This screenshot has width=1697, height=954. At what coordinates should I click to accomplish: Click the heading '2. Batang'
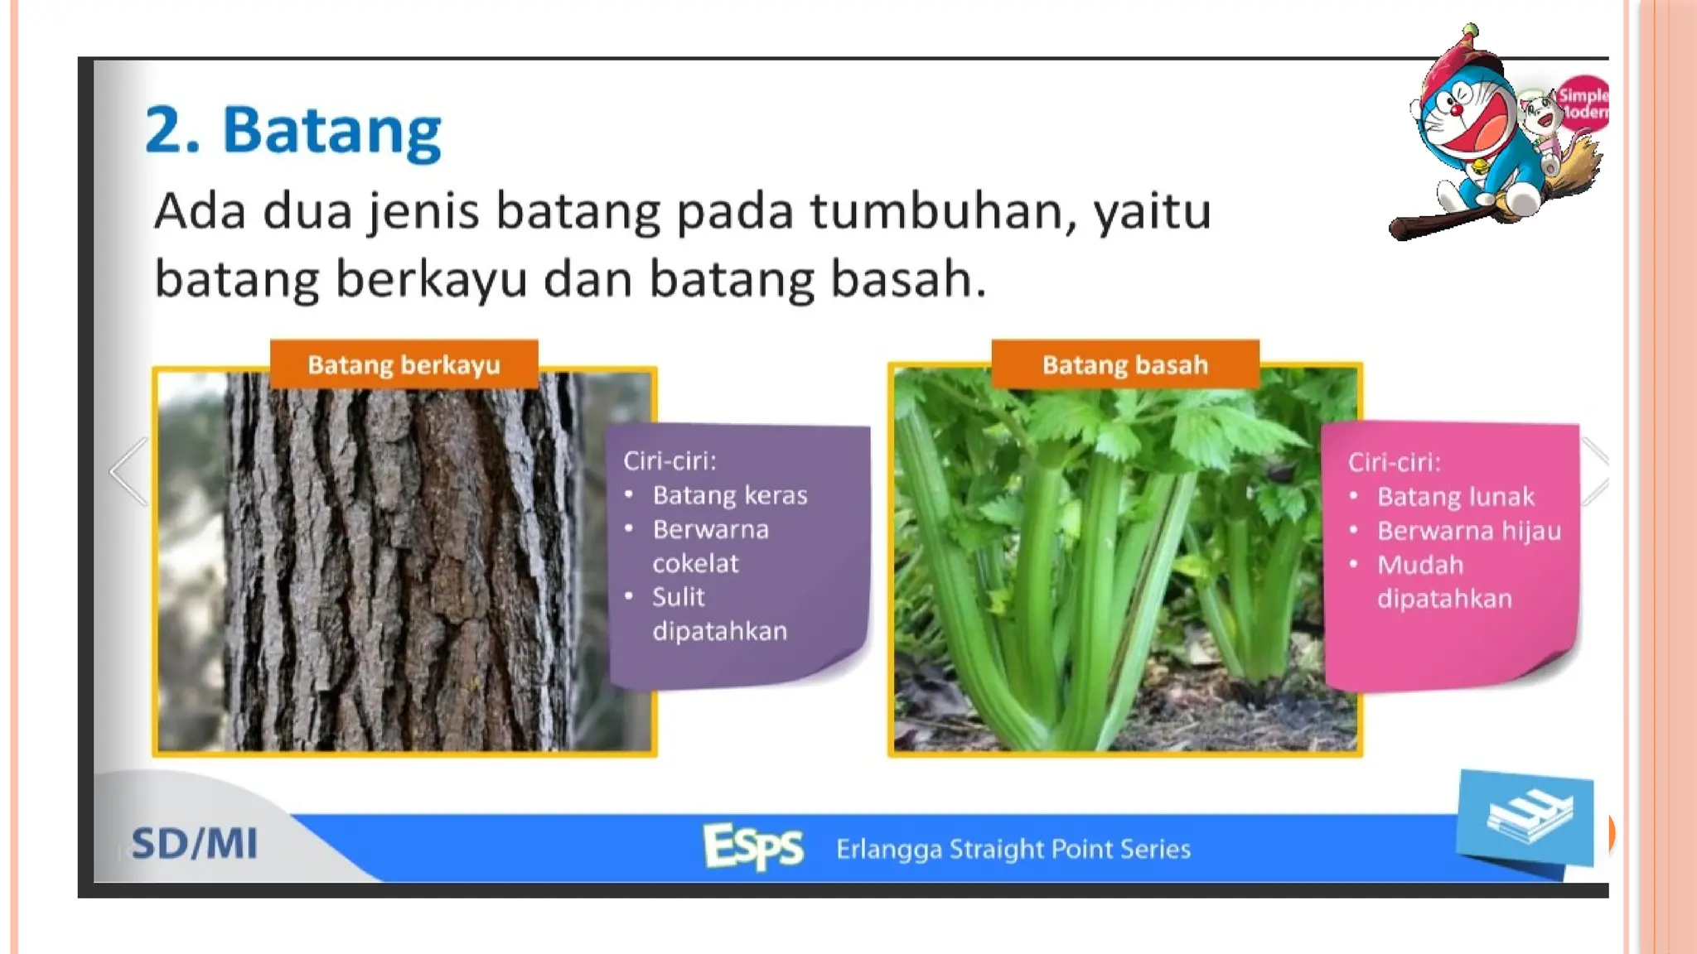click(293, 131)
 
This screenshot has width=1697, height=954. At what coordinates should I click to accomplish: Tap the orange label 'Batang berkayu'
click(404, 365)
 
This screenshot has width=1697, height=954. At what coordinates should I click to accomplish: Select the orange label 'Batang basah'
click(1124, 365)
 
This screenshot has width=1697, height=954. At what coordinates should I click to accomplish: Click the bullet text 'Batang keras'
click(729, 495)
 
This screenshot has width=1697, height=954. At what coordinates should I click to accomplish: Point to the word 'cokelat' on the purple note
click(694, 564)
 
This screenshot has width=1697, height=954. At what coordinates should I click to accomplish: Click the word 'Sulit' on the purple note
click(678, 597)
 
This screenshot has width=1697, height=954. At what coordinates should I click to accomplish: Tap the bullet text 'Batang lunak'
click(1455, 497)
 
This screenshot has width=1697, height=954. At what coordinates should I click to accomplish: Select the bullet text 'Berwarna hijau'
click(1468, 531)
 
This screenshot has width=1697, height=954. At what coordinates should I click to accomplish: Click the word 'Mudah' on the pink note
click(1419, 565)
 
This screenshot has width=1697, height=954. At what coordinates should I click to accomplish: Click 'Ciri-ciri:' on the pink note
click(1394, 462)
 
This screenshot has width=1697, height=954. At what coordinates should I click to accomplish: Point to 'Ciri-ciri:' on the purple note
click(670, 460)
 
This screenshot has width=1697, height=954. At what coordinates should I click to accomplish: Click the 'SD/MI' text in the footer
click(195, 844)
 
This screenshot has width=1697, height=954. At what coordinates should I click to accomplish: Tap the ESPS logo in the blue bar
click(752, 846)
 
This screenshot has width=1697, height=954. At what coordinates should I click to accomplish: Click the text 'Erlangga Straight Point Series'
click(1013, 849)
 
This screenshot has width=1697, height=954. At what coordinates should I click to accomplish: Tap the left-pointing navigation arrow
click(129, 471)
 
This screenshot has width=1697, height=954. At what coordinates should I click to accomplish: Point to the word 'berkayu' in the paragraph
click(431, 279)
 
